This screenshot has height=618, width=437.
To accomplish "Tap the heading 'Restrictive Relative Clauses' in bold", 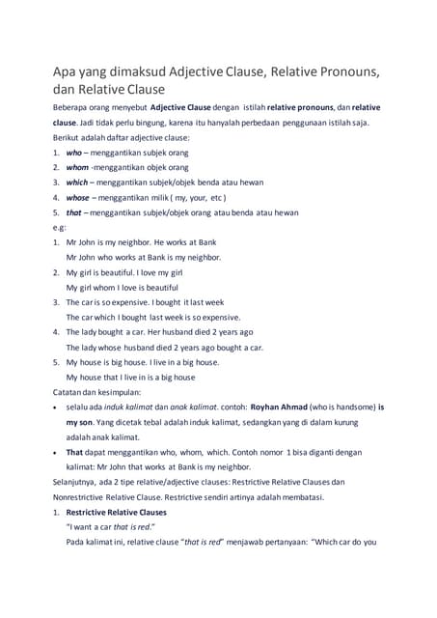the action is click(117, 512).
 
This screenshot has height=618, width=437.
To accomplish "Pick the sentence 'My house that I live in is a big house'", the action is click(130, 378).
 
